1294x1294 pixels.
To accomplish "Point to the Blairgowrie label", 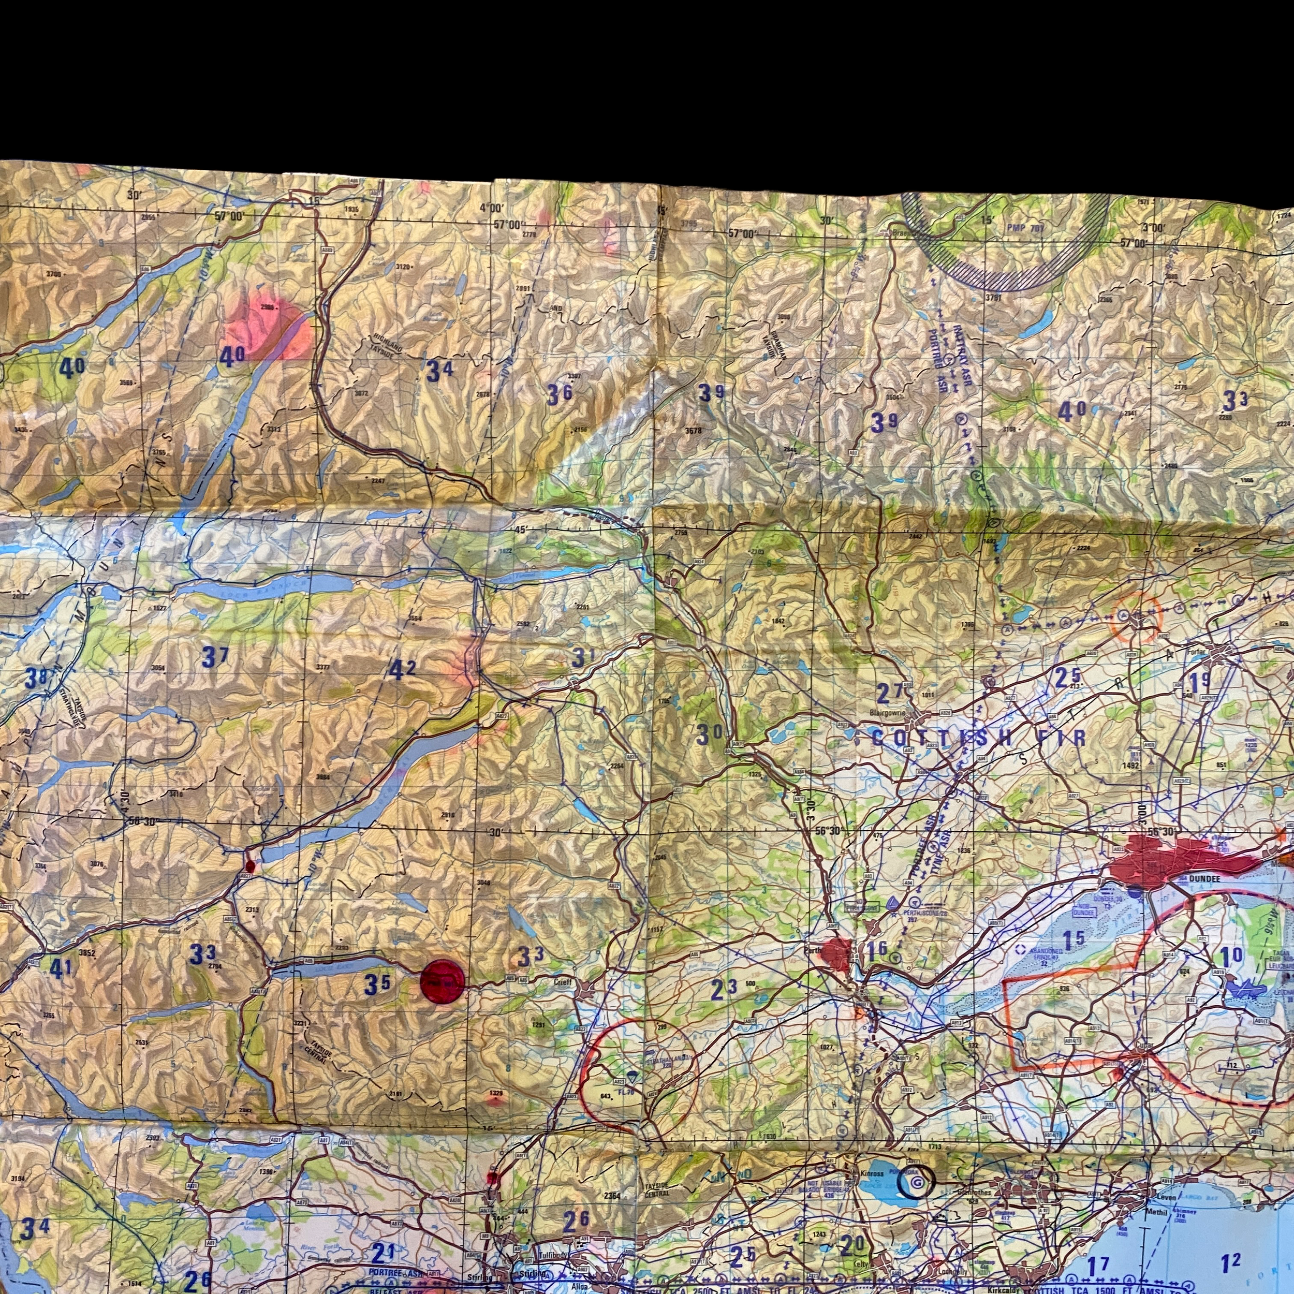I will [888, 713].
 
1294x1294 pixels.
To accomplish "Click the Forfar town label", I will [1196, 651].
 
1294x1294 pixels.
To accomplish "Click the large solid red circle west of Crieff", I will [442, 981].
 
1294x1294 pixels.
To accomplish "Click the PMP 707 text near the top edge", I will [1025, 228].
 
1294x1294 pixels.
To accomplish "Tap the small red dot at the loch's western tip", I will [250, 865].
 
